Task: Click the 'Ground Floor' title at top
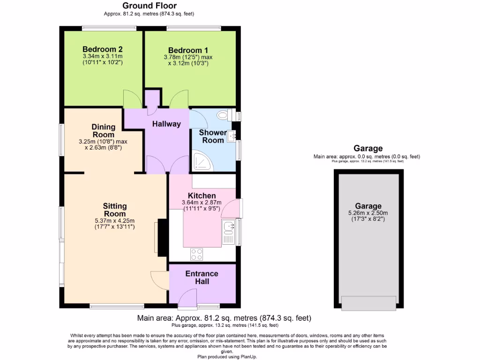[x=149, y=6]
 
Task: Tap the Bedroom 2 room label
[x=103, y=49]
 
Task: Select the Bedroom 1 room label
[x=188, y=50]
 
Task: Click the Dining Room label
[x=104, y=131]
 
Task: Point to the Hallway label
[x=166, y=124]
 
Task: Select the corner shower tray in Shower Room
[x=202, y=161]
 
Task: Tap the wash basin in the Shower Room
[x=231, y=135]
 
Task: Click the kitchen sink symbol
[x=229, y=227]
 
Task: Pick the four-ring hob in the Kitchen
[x=197, y=255]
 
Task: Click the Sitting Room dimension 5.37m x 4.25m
[x=115, y=221]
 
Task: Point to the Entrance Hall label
[x=202, y=277]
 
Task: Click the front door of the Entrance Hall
[x=187, y=300]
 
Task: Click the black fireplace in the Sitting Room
[x=162, y=237]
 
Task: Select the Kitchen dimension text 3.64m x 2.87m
[x=202, y=202]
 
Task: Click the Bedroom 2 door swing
[x=130, y=98]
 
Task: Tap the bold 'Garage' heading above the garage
[x=368, y=149]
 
